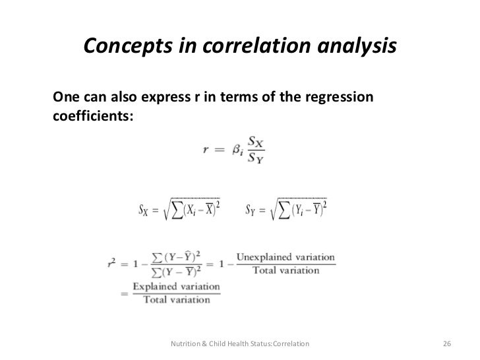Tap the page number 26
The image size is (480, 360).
(446, 344)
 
